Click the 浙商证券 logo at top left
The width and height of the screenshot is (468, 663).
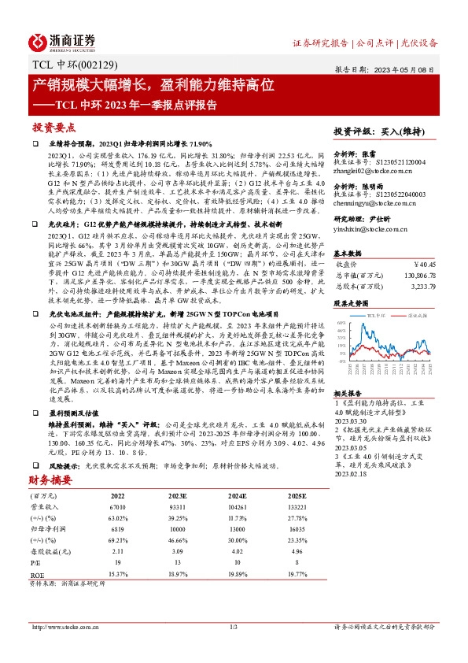click(63, 41)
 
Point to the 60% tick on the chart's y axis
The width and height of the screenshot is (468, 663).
click(341, 322)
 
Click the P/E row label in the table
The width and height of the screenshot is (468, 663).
click(36, 564)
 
